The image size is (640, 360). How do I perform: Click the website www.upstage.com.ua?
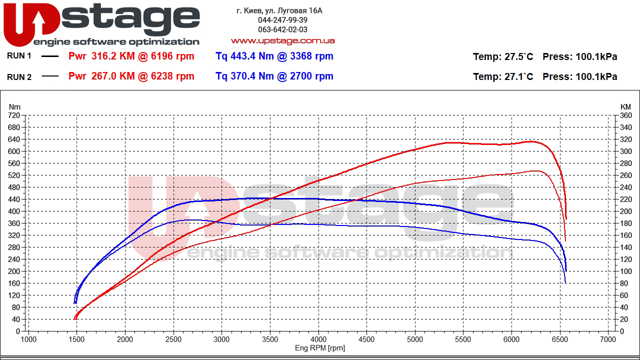pyautogui.click(x=282, y=40)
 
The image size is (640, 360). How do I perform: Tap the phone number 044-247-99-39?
pyautogui.click(x=282, y=20)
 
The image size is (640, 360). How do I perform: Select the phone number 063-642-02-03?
pyautogui.click(x=282, y=30)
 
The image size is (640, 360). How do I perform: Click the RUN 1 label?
pyautogui.click(x=19, y=56)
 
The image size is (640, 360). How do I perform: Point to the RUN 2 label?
pyautogui.click(x=19, y=76)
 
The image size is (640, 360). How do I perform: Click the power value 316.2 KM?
pyautogui.click(x=113, y=56)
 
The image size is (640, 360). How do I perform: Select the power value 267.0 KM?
pyautogui.click(x=113, y=76)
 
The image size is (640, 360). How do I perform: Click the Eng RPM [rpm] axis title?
pyautogui.click(x=320, y=348)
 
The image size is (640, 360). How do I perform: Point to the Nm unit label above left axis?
pyautogui.click(x=15, y=106)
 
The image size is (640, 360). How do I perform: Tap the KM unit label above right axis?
pyautogui.click(x=625, y=106)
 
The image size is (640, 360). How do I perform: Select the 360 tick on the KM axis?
pyautogui.click(x=626, y=115)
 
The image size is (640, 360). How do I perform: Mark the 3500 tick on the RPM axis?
pyautogui.click(x=270, y=339)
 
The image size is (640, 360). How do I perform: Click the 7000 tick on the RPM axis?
pyautogui.click(x=608, y=339)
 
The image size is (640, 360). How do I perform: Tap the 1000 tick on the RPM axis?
pyautogui.click(x=28, y=339)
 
